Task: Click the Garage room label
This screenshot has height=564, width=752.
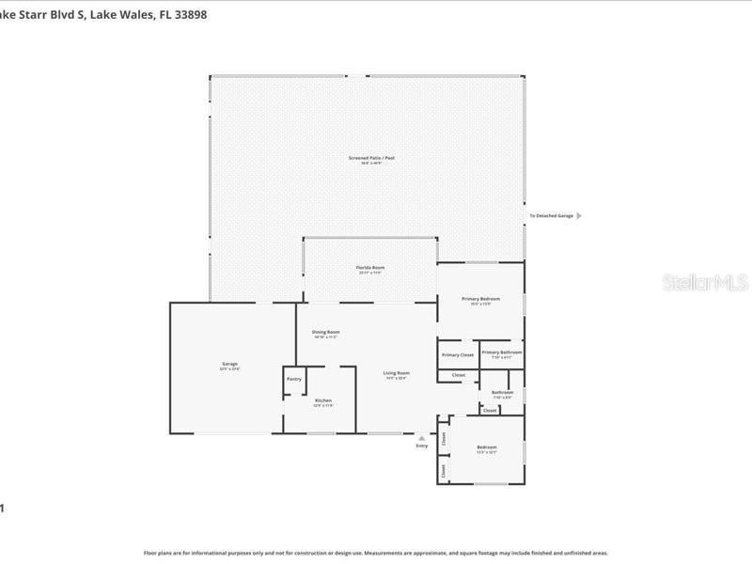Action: coord(229,364)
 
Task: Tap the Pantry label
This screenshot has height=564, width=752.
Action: coord(294,380)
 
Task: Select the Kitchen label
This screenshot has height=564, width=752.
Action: coord(322,400)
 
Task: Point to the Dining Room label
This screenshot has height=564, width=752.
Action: coord(325,332)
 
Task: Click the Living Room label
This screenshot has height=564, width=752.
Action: coord(396,373)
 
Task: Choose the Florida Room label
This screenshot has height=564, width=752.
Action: coord(369,268)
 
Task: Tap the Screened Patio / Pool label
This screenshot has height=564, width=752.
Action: coord(371,158)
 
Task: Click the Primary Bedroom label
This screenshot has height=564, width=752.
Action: coord(480,299)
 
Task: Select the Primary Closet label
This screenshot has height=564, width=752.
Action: coord(458,354)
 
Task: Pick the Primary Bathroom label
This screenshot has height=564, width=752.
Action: coord(501,352)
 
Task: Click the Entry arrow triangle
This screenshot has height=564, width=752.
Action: coord(421,437)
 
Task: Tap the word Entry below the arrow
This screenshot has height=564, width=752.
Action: coord(421,446)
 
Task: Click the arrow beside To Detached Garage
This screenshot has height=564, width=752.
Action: coord(578,215)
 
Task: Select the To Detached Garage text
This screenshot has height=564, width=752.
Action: coord(551,215)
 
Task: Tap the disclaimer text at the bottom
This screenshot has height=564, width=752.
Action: coord(375,553)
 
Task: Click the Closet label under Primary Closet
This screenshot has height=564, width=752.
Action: coord(459,375)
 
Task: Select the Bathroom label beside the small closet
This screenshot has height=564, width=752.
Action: coord(502,392)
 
